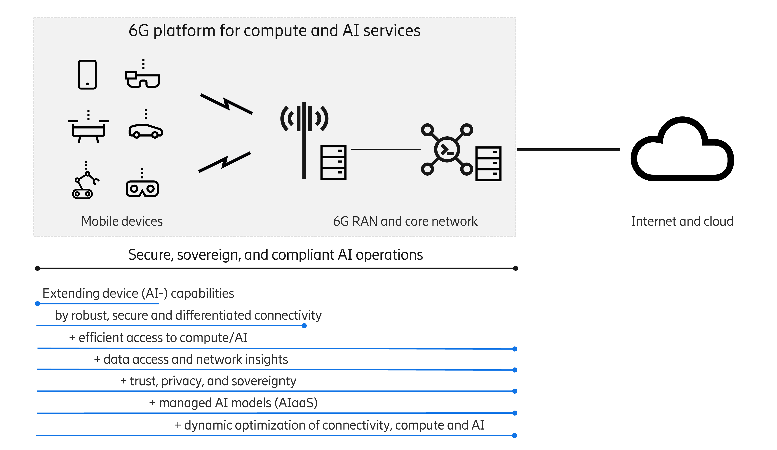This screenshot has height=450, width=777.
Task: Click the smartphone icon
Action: pos(87,75)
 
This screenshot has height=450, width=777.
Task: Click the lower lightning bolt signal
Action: pos(224,162)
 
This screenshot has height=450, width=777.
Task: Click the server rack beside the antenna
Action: pos(333,162)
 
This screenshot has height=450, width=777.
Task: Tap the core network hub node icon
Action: pos(447,149)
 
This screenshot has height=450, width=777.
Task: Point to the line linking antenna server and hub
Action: pos(385,149)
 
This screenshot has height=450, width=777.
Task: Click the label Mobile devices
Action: pos(122,221)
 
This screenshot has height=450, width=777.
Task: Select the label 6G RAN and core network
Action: pos(405,221)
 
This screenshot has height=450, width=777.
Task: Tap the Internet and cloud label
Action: pos(682,221)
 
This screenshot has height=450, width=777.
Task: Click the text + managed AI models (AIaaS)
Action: pos(233,403)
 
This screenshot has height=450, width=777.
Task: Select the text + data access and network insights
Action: pos(191,359)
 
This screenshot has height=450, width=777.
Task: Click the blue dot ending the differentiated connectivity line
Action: pos(304,326)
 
